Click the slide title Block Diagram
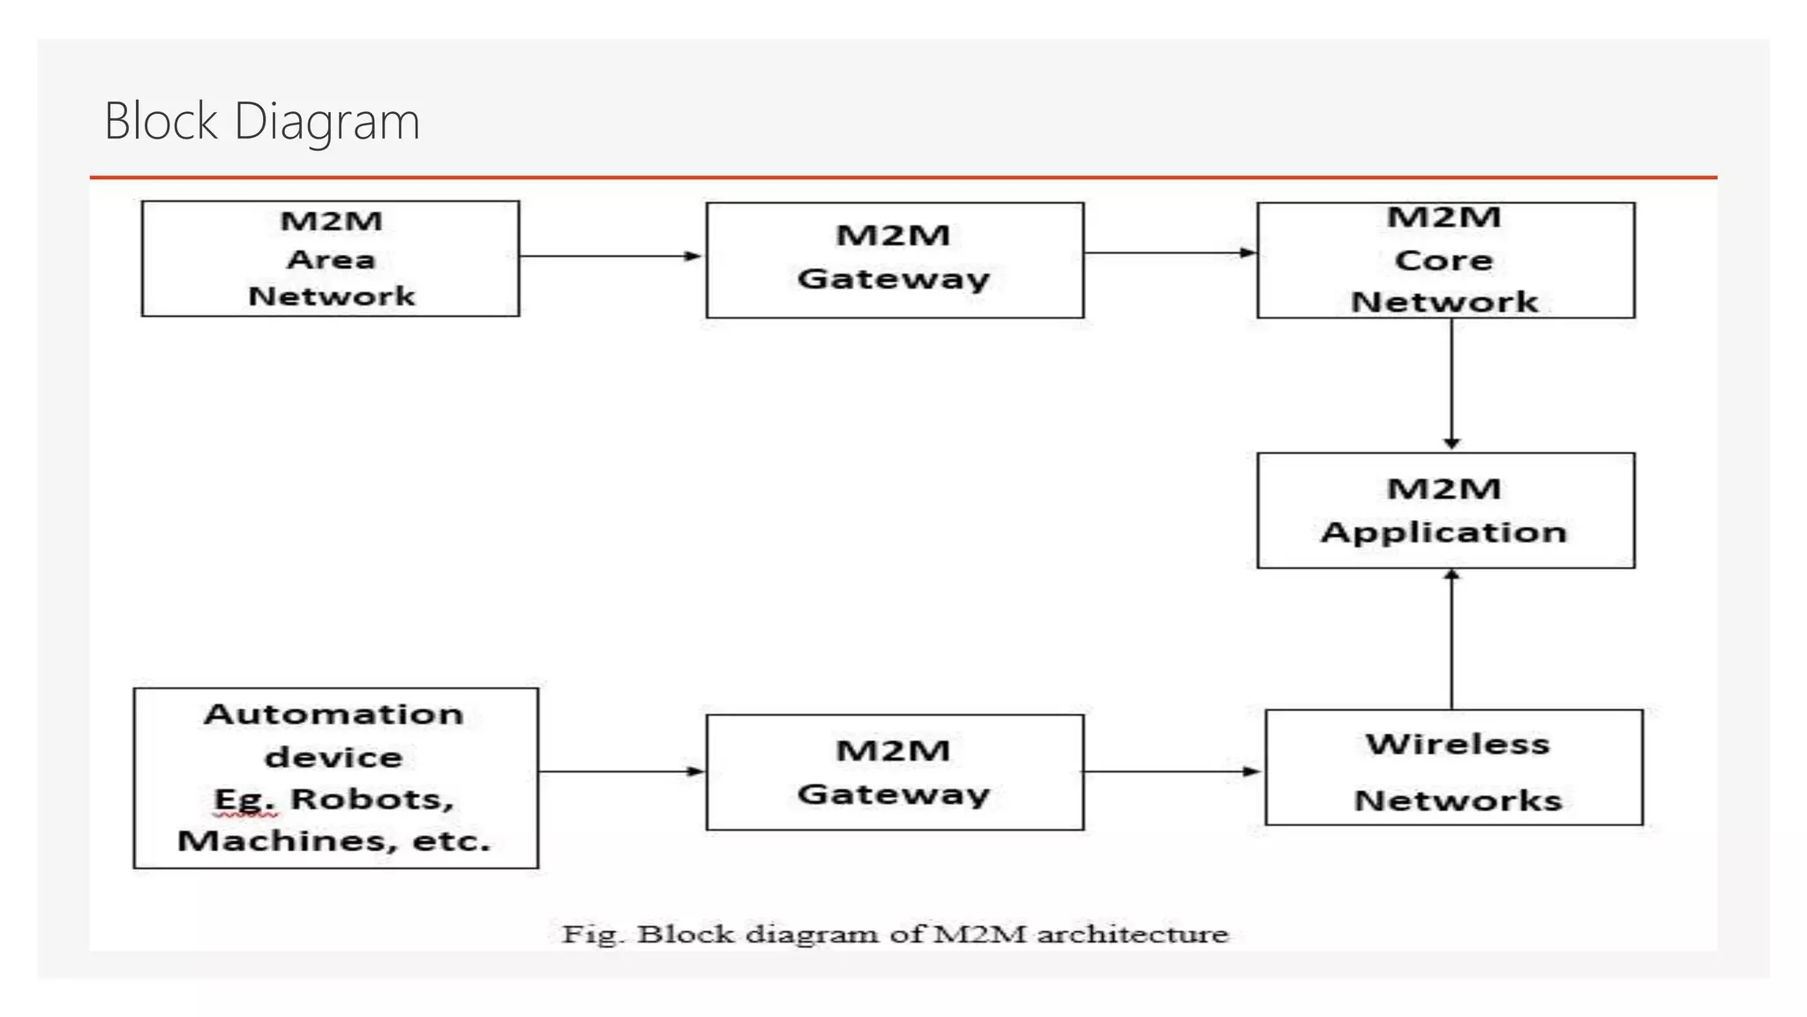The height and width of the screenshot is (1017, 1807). coord(262,121)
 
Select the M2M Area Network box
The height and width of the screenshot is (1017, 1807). coord(330,259)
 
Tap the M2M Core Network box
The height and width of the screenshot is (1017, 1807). coord(1445,260)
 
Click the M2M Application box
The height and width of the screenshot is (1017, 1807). coord(1445,510)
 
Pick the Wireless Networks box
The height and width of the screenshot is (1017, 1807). coord(1454,768)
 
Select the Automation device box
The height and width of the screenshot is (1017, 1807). coord(335,778)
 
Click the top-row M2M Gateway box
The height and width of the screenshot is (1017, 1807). coord(895,260)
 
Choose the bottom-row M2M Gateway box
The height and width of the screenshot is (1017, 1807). coord(895,772)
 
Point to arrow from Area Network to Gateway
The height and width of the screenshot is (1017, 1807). coord(611,256)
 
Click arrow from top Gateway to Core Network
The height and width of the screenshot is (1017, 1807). coord(1169,253)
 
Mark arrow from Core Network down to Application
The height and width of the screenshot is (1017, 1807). coord(1451,384)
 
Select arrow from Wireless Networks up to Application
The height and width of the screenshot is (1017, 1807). coord(1451,640)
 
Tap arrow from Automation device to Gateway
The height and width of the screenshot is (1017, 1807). coord(621,772)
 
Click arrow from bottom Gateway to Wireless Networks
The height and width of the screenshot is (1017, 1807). coord(1173,772)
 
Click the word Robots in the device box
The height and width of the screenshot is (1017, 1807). coord(372,799)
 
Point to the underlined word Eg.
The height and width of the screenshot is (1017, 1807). coord(244,800)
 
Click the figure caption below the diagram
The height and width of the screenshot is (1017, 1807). coord(895,934)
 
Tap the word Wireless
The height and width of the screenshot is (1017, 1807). coord(1458,744)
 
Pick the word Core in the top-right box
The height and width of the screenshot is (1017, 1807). coord(1443,260)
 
